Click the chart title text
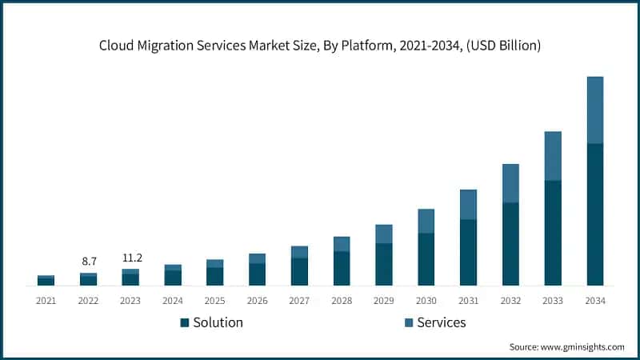(320, 46)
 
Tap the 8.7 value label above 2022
(89, 261)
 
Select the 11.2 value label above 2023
(130, 258)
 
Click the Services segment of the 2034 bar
(595, 110)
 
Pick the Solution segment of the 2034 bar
(595, 214)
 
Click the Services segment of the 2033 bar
(553, 156)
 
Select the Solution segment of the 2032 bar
(510, 244)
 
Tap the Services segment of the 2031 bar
(468, 205)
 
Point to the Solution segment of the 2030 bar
(426, 259)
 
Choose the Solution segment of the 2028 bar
(342, 269)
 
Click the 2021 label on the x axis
(46, 301)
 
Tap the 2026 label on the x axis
(257, 301)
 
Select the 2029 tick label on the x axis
(384, 301)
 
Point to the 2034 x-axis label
(595, 301)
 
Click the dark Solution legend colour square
(185, 322)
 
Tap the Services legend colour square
(409, 322)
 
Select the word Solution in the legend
(218, 322)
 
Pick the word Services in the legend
(441, 322)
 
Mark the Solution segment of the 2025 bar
(214, 276)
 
